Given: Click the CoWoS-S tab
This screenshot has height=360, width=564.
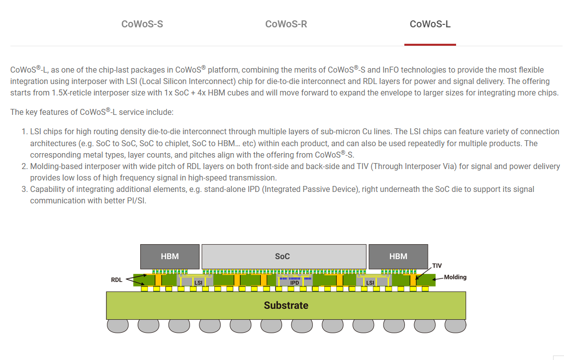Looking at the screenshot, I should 142,24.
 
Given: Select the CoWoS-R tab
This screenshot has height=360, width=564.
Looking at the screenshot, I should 286,24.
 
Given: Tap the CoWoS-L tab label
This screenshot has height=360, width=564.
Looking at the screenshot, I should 430,24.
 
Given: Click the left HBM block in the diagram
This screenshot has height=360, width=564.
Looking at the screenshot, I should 170,257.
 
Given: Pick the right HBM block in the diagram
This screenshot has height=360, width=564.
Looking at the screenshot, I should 398,257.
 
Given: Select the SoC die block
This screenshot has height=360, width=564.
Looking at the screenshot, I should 282,257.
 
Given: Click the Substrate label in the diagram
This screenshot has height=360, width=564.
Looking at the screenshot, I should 286,305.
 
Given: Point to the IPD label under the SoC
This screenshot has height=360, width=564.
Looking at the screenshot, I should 294,283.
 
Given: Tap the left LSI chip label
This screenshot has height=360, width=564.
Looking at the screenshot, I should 198,283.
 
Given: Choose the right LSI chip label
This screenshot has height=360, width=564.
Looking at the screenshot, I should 370,283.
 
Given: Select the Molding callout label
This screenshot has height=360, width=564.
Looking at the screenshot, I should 455,277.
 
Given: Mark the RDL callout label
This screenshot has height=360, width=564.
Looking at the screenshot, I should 116,280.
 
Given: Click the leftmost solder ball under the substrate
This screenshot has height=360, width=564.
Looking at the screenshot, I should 117,326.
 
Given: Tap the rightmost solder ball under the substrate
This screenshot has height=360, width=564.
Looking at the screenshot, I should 455,326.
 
